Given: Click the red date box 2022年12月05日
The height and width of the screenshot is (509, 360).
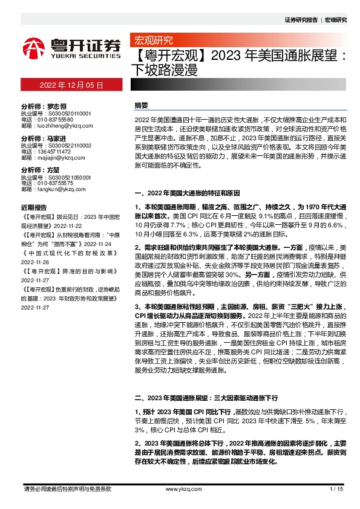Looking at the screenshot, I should pyautogui.click(x=72, y=86).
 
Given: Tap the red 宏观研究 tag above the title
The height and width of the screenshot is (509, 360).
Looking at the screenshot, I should pyautogui.click(x=151, y=41).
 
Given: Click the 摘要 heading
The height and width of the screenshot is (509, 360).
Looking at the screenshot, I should pyautogui.click(x=141, y=105).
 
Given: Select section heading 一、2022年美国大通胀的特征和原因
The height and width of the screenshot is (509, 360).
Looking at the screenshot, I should pyautogui.click(x=188, y=193).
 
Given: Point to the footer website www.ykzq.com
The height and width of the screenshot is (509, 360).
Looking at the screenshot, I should pyautogui.click(x=179, y=488).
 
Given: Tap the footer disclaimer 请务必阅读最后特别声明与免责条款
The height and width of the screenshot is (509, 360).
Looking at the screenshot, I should pyautogui.click(x=67, y=488).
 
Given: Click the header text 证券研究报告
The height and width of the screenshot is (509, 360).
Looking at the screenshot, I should pyautogui.click(x=300, y=19).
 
